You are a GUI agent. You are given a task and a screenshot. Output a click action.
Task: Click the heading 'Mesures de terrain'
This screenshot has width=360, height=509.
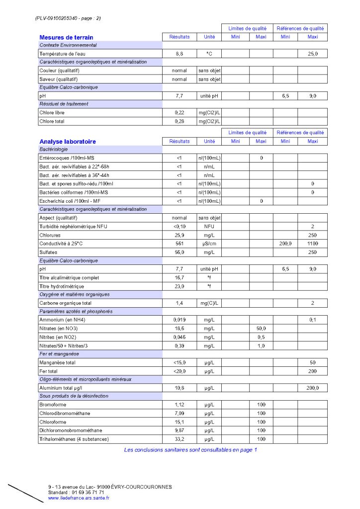click(x=66, y=37)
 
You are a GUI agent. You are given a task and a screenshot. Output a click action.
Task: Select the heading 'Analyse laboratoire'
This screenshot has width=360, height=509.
click(x=68, y=142)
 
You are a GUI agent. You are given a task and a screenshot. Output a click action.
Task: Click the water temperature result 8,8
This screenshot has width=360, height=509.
click(x=180, y=54)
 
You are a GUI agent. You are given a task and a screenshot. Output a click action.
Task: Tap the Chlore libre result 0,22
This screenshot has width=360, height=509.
click(x=180, y=113)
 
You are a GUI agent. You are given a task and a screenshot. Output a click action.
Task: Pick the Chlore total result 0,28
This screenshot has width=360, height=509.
click(x=180, y=121)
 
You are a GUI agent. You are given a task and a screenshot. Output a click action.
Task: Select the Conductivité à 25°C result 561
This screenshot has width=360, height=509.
click(x=180, y=244)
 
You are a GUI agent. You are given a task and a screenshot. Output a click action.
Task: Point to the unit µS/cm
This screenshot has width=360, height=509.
click(x=209, y=244)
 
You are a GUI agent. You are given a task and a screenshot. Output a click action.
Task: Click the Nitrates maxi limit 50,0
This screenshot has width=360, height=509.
click(x=261, y=329)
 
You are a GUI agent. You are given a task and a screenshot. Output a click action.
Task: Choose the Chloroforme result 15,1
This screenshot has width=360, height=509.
click(x=180, y=422)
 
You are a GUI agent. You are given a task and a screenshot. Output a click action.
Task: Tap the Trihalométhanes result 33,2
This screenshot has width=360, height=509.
click(x=180, y=439)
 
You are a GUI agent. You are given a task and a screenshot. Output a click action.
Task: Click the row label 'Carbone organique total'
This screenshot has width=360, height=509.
click(x=65, y=303)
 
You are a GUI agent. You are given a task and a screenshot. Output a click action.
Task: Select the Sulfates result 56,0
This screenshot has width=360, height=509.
click(x=180, y=253)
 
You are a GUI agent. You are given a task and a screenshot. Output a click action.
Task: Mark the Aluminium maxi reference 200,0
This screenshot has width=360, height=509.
click(x=313, y=388)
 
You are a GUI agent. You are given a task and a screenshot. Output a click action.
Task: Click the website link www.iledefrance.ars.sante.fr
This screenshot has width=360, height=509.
click(x=79, y=498)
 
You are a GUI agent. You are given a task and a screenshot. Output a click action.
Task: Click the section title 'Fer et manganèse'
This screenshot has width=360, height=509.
click(x=59, y=354)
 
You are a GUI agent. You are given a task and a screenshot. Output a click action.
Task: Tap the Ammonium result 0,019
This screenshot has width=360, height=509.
click(x=180, y=320)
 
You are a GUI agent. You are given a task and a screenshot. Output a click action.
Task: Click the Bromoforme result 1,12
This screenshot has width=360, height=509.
click(x=180, y=404)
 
